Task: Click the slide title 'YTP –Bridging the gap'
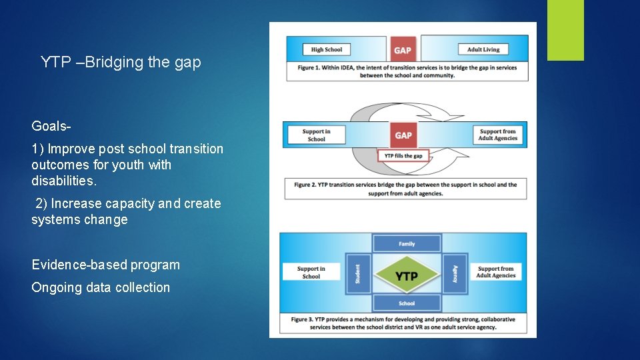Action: point(121,63)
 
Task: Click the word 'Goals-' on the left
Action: point(51,126)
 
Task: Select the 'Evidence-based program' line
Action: point(106,265)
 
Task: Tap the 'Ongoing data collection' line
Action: point(101,287)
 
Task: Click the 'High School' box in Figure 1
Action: point(327,49)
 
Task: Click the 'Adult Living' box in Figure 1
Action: point(483,49)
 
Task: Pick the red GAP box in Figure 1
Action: point(403,50)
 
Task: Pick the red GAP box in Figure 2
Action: point(403,135)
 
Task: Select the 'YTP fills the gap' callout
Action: point(403,156)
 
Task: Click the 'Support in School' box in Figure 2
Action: point(316,135)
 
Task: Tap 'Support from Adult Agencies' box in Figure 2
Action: point(497,135)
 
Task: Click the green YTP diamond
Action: point(407,274)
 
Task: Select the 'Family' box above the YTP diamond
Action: point(407,244)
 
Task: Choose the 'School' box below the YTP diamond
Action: point(407,303)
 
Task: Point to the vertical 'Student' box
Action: point(358,273)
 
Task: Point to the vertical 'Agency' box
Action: point(455,273)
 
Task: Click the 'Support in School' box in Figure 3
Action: point(311,273)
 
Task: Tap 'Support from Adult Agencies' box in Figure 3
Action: point(496,273)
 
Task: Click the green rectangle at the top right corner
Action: point(565,30)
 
